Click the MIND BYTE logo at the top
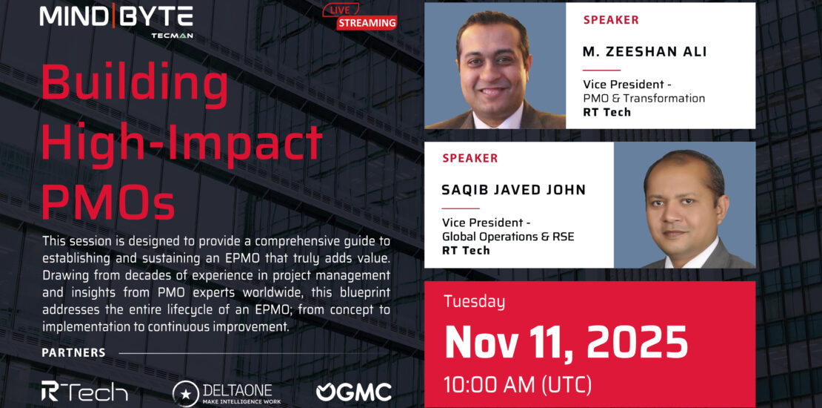(x=116, y=21)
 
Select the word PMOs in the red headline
(x=108, y=202)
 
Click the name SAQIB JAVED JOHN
(x=514, y=190)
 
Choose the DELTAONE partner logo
(x=227, y=392)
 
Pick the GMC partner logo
(x=354, y=392)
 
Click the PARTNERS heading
(x=73, y=353)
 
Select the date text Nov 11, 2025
(x=566, y=341)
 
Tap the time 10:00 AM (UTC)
(x=518, y=385)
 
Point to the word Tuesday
(x=475, y=302)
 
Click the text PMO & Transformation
(x=644, y=98)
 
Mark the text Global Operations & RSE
(x=508, y=237)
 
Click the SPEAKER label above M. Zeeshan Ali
(x=611, y=21)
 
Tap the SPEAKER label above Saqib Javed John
(x=470, y=158)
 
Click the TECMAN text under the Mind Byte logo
(x=171, y=35)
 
